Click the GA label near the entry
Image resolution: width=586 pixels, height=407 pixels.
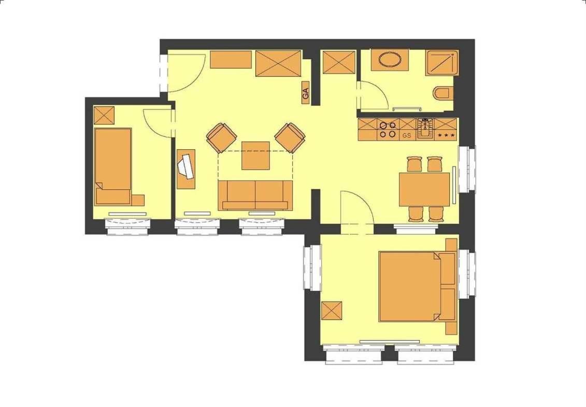(x=306, y=92)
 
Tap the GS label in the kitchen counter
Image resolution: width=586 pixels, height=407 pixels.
(x=407, y=135)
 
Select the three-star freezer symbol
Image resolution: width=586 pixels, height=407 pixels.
(x=447, y=135)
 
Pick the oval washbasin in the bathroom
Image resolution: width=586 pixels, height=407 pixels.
(x=390, y=59)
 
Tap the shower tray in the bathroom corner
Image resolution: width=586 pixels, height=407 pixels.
(x=442, y=63)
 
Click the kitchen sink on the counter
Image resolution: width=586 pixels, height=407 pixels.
(x=425, y=129)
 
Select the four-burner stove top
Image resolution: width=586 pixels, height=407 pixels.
(x=388, y=130)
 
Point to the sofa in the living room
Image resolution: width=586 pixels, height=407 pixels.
(x=255, y=195)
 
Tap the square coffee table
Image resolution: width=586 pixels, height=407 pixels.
(x=255, y=155)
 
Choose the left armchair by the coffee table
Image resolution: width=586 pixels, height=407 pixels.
(x=222, y=138)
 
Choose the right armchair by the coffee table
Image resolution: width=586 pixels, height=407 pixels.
(x=290, y=138)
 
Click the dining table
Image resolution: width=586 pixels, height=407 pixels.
(x=424, y=189)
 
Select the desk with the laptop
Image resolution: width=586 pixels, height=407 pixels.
(x=185, y=169)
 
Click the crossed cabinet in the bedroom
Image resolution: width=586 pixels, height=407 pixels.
(x=332, y=311)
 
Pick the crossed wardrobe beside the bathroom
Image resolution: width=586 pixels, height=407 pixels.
(x=338, y=62)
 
